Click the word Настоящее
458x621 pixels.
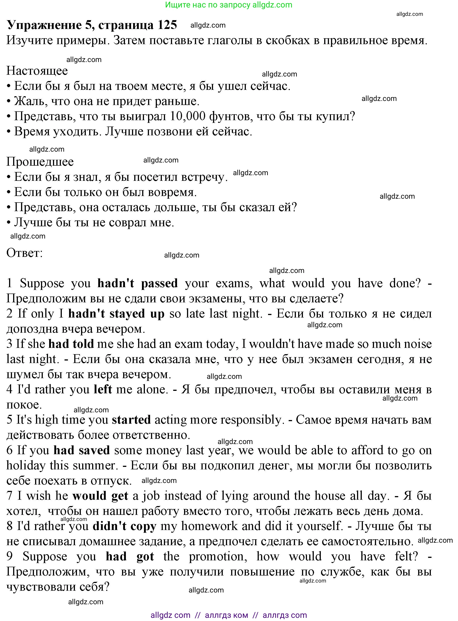37,71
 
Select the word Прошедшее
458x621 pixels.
40,162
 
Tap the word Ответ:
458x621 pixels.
25,253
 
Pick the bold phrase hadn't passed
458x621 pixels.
137,283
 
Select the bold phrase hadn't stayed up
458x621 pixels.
116,314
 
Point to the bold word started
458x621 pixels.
131,420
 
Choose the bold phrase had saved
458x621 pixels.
82,450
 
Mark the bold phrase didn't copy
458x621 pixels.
125,526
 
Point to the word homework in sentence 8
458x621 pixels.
209,526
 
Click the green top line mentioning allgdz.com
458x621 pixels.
229,5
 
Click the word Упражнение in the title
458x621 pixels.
44,25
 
